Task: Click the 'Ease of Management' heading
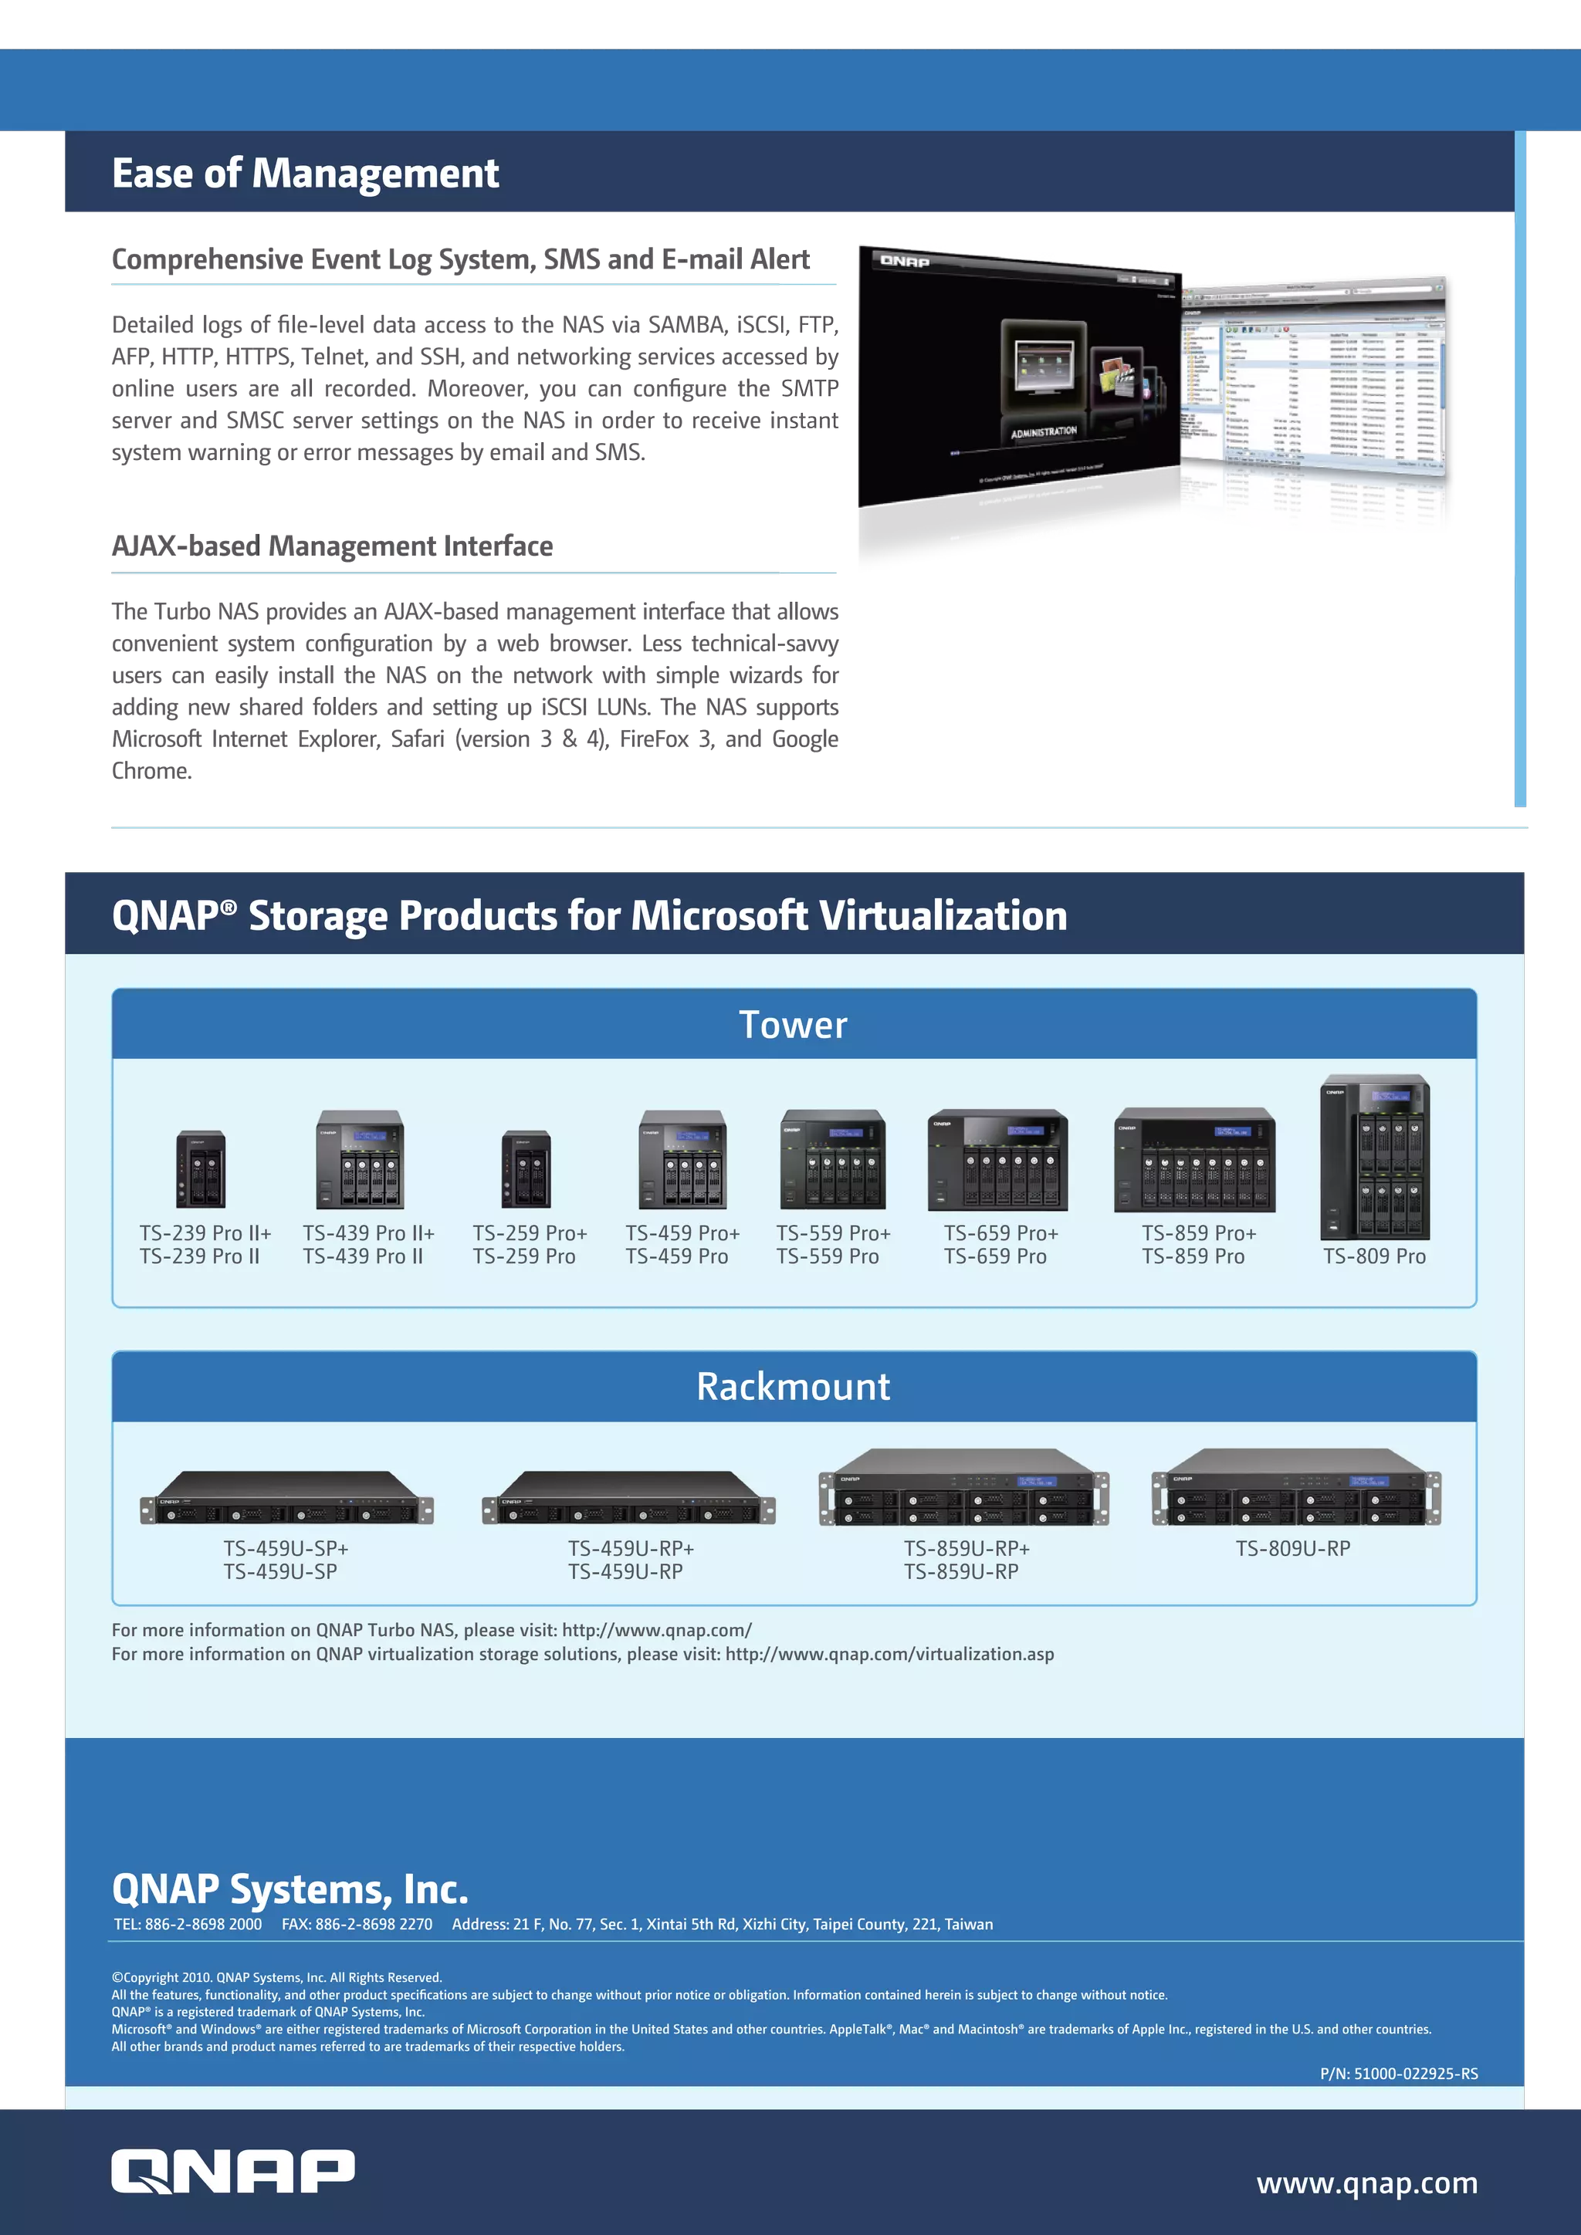coord(305,174)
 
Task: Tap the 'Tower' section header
coord(793,1025)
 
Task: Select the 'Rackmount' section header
coord(793,1386)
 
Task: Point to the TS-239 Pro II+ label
coord(205,1233)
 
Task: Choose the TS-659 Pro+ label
coord(1000,1233)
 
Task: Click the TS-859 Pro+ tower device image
coord(1194,1160)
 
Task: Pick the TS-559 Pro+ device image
coord(832,1159)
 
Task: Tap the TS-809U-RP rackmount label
coord(1293,1549)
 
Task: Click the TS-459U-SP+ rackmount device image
coord(286,1498)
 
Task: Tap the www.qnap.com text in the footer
coord(1367,2183)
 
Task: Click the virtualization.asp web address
coord(889,1655)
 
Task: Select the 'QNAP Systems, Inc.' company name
coord(290,1888)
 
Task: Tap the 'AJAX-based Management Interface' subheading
coord(332,546)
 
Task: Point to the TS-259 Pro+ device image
coord(526,1169)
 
